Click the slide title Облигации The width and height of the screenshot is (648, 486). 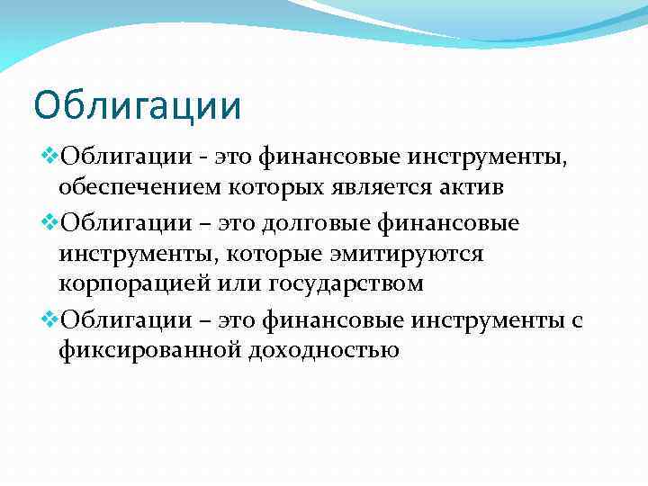coord(138,104)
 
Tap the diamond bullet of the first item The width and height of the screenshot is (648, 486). coord(49,158)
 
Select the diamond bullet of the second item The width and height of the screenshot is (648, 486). coord(49,221)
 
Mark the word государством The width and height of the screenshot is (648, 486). coord(346,285)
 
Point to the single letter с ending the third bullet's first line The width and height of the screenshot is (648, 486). coord(577,319)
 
